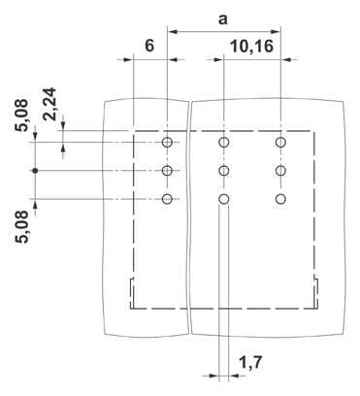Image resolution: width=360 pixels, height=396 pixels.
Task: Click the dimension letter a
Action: [x=222, y=19]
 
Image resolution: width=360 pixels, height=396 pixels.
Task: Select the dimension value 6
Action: [x=149, y=46]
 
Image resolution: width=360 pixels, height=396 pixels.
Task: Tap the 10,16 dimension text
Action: [x=252, y=47]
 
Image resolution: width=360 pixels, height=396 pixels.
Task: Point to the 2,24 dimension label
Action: [x=50, y=104]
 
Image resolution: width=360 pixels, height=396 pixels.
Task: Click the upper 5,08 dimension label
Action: [x=22, y=115]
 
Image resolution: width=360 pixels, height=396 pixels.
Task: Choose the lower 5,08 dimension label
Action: [x=22, y=227]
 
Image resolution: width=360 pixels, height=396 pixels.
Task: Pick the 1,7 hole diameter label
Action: [x=250, y=362]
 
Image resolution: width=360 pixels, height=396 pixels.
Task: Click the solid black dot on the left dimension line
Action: [x=35, y=170]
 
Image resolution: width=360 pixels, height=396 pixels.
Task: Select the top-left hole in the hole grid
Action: [x=167, y=142]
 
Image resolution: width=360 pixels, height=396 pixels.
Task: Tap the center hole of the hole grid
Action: [x=224, y=170]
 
